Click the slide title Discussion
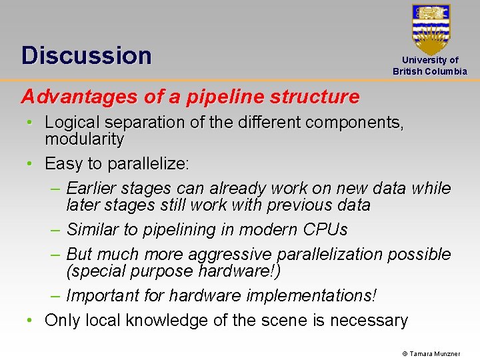pos(87,55)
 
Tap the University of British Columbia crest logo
pos(431,29)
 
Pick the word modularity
pos(84,139)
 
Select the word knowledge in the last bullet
pos(163,321)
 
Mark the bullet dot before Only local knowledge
pos(31,321)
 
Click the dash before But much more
pos(57,255)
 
